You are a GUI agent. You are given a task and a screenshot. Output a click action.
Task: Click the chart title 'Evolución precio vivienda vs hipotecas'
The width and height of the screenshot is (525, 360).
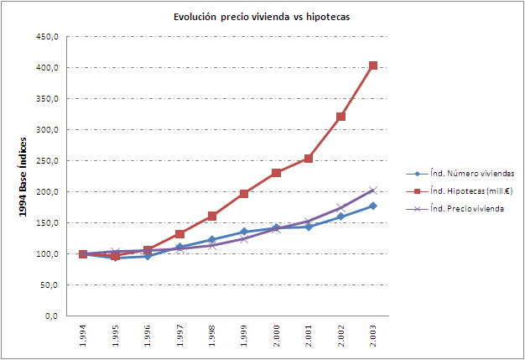tap(262, 17)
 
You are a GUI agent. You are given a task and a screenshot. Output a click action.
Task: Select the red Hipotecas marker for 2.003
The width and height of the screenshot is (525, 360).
tap(373, 65)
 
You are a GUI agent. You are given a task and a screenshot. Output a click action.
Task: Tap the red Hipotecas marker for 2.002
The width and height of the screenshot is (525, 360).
tap(341, 117)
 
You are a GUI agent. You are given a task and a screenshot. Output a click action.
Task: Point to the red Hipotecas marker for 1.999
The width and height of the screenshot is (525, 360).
tap(244, 194)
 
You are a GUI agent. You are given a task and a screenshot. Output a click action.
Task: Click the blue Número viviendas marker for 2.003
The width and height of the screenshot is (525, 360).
tap(373, 206)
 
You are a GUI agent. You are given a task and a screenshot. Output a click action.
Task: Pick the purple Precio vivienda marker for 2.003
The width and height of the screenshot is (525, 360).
tap(373, 190)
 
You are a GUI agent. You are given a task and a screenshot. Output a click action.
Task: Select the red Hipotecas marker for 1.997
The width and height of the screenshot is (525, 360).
tap(179, 234)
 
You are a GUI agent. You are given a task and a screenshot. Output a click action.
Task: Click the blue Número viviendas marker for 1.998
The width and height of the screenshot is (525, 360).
tap(211, 239)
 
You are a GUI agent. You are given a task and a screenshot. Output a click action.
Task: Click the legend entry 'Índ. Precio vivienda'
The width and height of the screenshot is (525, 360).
tap(466, 208)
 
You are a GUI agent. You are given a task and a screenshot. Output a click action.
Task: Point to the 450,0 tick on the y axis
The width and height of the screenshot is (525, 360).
tap(45, 37)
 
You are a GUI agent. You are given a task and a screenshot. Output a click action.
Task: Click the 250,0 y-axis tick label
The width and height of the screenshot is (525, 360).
tap(45, 161)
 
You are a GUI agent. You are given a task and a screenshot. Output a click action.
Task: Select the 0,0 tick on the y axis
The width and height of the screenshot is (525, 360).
tap(50, 316)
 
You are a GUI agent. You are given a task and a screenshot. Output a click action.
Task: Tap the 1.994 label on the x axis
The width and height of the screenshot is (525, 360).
tap(83, 337)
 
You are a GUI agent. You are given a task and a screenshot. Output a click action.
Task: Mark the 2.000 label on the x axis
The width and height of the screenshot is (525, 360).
tap(277, 337)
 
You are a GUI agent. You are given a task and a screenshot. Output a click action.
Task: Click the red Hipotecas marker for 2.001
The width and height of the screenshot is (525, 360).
tap(309, 159)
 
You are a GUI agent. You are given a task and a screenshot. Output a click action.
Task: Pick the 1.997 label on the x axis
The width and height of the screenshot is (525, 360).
tap(180, 337)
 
